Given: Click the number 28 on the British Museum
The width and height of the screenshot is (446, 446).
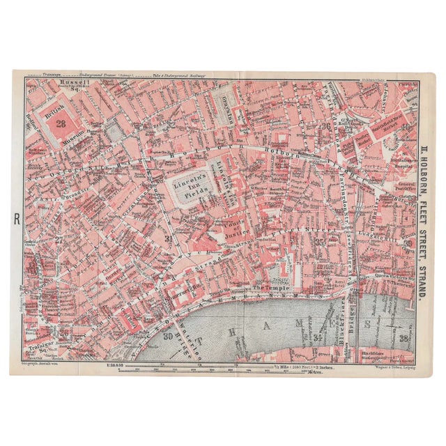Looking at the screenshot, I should (61, 123).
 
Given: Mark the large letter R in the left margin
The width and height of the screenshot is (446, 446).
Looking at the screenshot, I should (17, 220).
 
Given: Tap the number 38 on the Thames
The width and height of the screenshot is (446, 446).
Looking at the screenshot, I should (404, 339).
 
